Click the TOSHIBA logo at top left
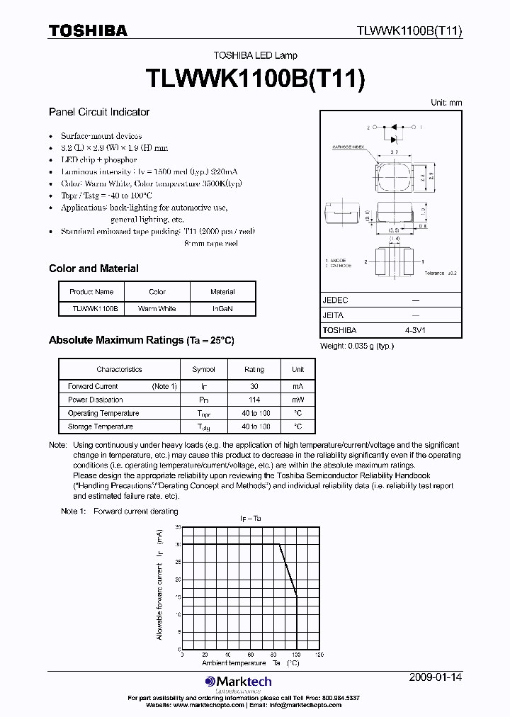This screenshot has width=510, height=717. click(88, 30)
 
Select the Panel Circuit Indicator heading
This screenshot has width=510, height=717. click(99, 112)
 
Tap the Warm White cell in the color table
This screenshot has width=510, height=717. click(157, 309)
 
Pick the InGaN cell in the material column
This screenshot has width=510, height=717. click(222, 309)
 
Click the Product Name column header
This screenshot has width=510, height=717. click(91, 292)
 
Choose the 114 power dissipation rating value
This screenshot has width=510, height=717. click(254, 400)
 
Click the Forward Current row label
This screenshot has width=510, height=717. click(93, 387)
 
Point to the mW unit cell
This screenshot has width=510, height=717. click(298, 400)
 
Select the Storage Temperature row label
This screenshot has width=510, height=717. click(101, 427)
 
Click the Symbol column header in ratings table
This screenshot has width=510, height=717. click(204, 369)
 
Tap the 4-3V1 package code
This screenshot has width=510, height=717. click(415, 330)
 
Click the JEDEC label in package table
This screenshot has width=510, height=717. click(335, 300)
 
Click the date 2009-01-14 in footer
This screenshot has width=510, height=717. click(436, 677)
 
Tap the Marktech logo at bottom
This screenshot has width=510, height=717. click(239, 682)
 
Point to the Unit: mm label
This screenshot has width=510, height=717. click(446, 103)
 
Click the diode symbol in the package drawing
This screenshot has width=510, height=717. click(391, 129)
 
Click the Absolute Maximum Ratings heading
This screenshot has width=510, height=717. click(141, 340)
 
